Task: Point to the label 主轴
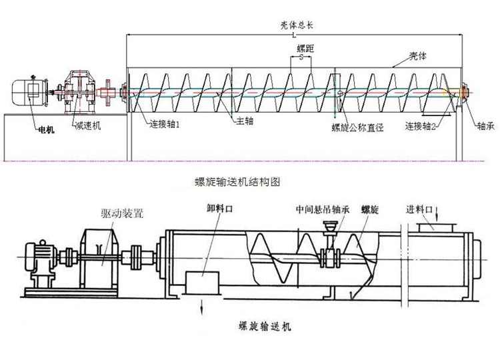point(244,123)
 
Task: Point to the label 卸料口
point(218,208)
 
